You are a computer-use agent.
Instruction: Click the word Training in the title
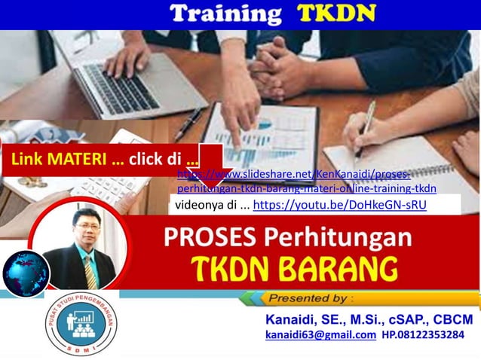pyautogui.click(x=224, y=14)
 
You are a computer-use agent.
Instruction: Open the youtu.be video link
pyautogui.click(x=339, y=204)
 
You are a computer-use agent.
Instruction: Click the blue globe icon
pyautogui.click(x=25, y=273)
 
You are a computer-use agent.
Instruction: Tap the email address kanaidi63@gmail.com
pyautogui.click(x=320, y=335)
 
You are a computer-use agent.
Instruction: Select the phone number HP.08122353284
pyautogui.click(x=423, y=335)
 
